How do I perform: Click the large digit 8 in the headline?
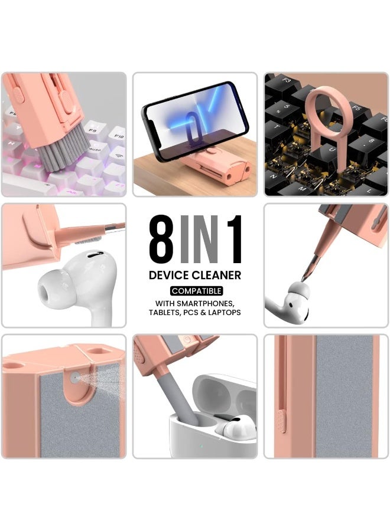[161, 238]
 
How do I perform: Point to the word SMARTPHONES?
[209, 303]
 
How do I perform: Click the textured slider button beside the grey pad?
[282, 421]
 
